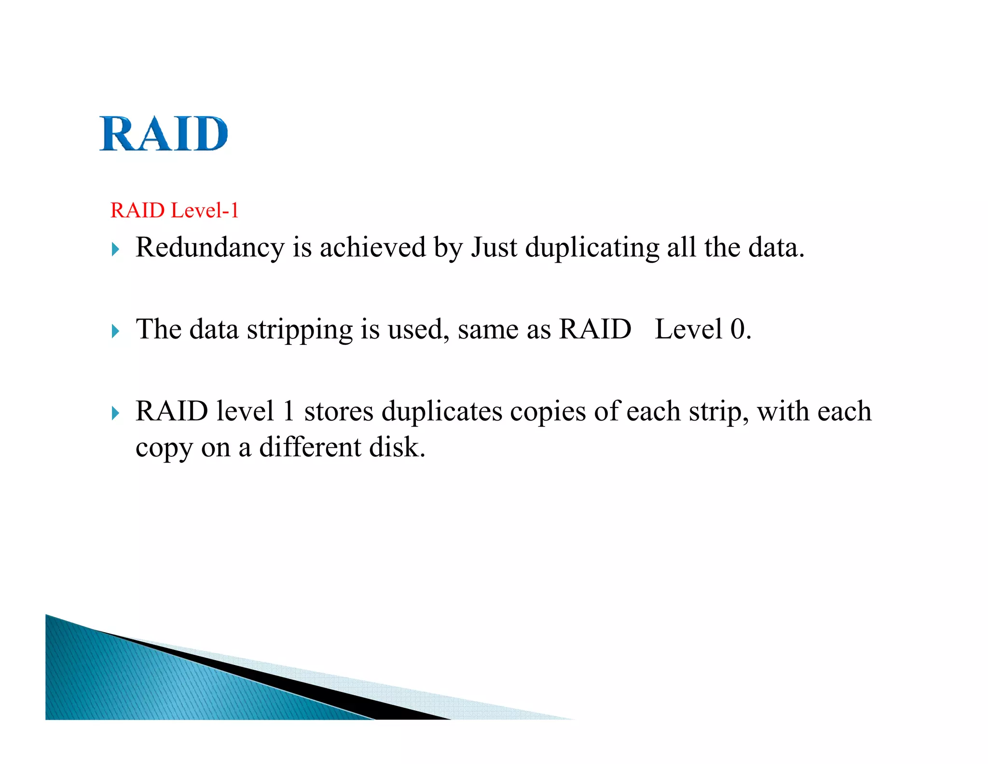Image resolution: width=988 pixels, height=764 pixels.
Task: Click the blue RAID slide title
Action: [x=164, y=134]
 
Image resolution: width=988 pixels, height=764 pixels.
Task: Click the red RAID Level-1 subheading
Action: [x=175, y=211]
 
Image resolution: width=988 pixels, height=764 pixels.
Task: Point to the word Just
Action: [x=494, y=247]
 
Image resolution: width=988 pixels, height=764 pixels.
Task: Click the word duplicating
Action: [x=592, y=248]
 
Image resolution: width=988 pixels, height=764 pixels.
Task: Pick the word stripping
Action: [x=300, y=330]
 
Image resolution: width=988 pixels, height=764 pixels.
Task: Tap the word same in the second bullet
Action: [x=488, y=330]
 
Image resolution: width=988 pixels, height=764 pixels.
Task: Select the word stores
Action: [x=339, y=411]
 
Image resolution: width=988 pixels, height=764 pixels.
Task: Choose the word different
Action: [x=310, y=447]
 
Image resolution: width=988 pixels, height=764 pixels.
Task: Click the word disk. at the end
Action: [x=397, y=447]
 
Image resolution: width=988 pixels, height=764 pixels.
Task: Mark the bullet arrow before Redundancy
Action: [x=115, y=250]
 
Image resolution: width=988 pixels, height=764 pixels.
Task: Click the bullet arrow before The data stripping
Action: [x=115, y=331]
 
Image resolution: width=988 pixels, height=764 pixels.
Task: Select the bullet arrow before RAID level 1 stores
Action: [x=115, y=413]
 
